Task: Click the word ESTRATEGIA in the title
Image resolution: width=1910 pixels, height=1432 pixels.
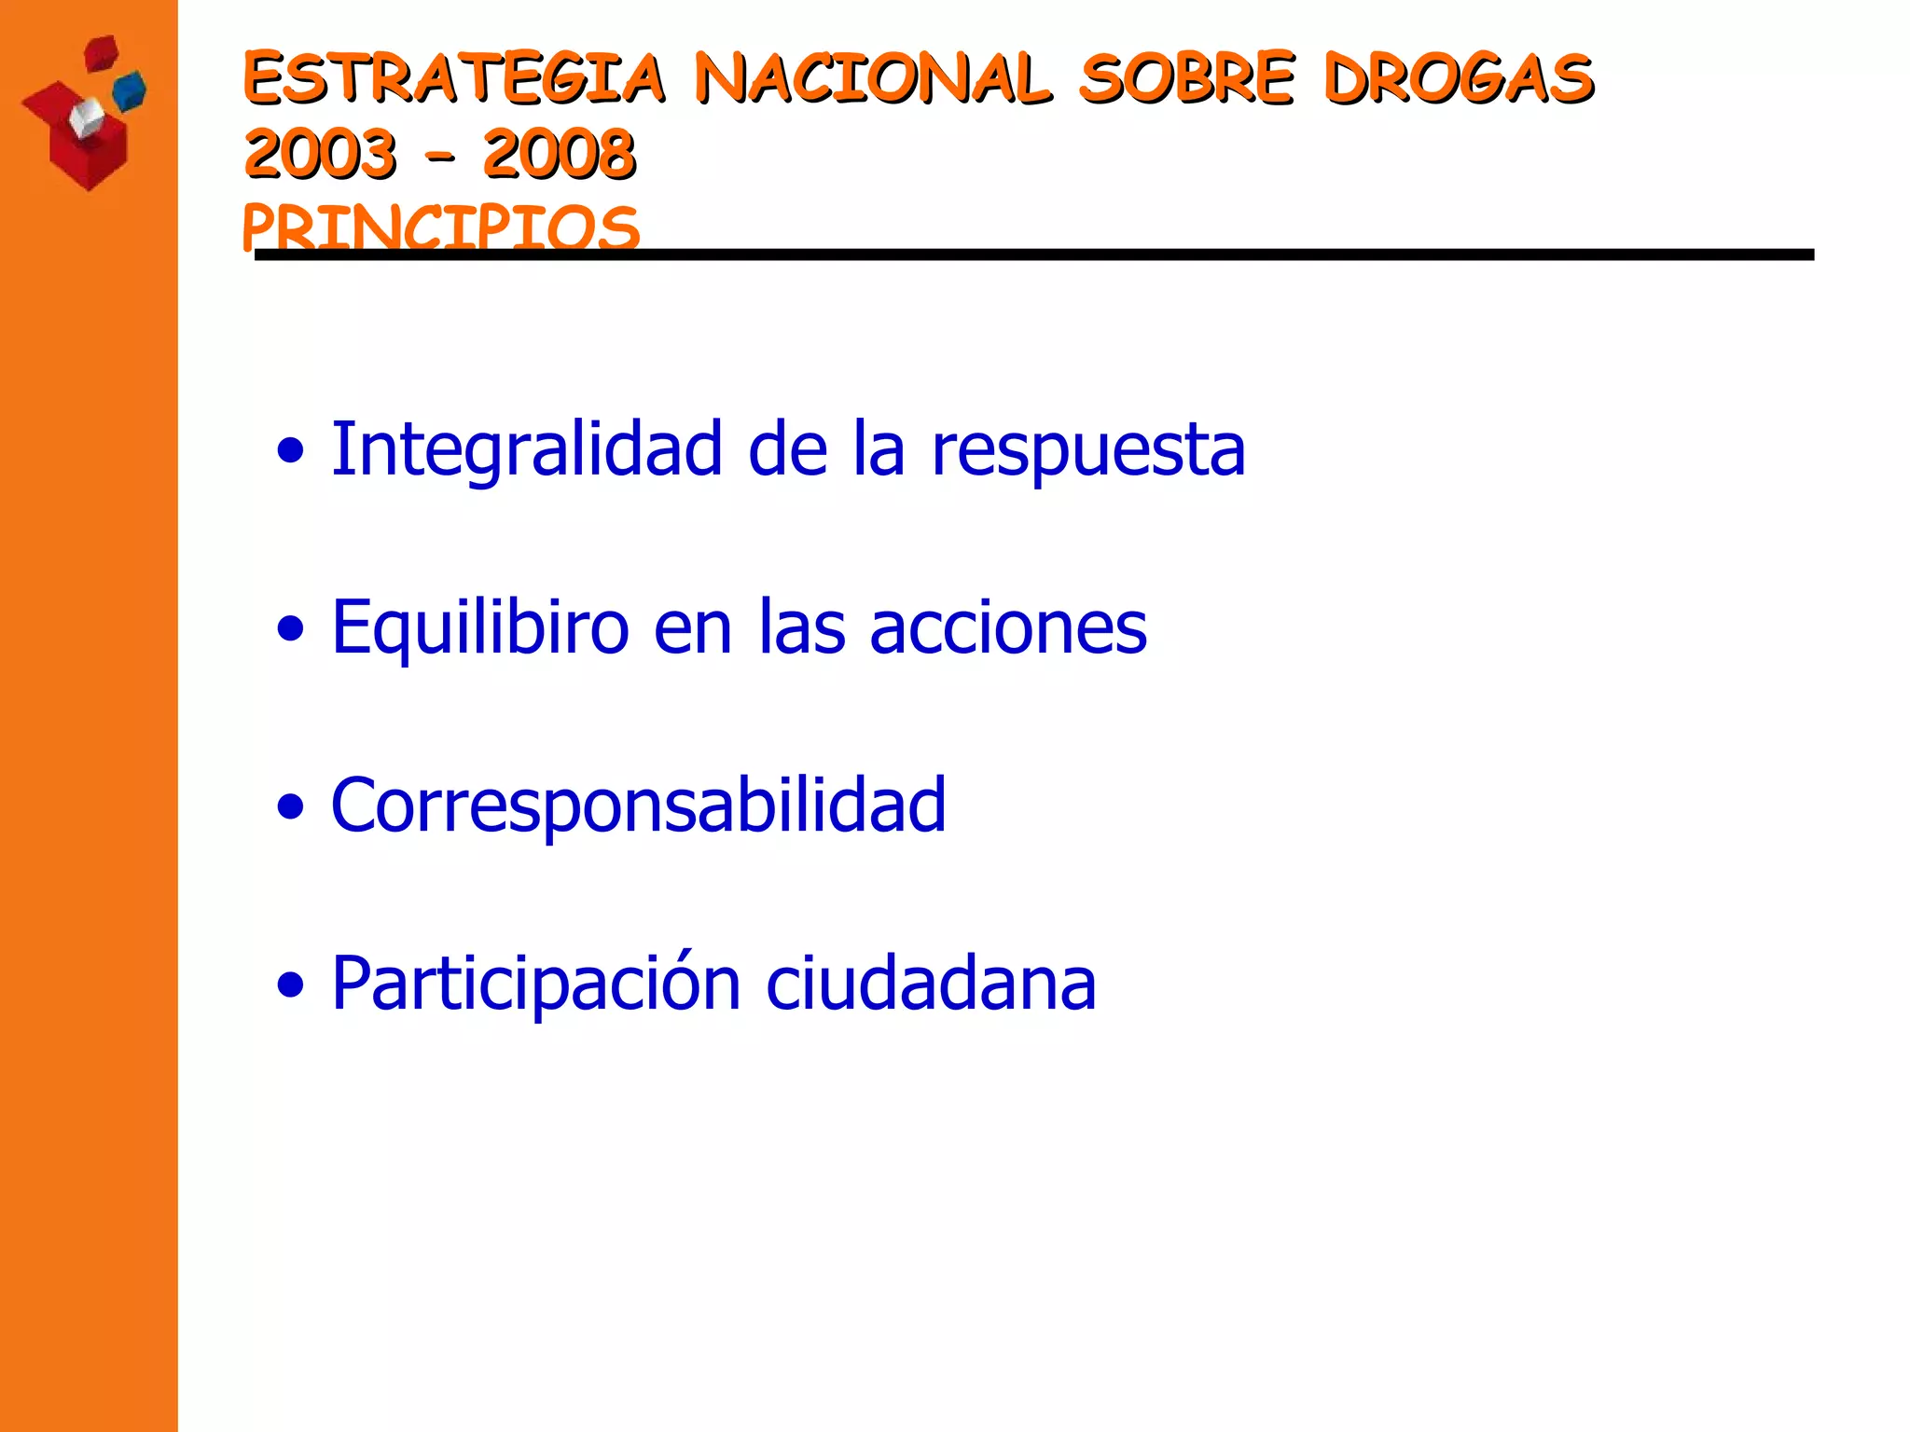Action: tap(454, 78)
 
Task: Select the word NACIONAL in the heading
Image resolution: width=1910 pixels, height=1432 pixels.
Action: tap(873, 78)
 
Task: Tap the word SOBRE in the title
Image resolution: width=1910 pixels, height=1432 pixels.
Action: tap(1187, 78)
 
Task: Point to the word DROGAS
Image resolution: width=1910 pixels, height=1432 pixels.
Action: tap(1460, 78)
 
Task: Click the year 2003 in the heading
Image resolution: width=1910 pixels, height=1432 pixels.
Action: tap(320, 154)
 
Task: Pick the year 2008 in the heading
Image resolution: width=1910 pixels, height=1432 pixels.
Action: tap(560, 154)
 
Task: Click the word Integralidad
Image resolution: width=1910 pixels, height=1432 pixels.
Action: tap(527, 449)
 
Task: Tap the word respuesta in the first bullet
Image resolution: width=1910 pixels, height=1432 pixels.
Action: tap(1088, 451)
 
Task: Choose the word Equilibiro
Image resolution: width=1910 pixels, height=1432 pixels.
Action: tap(480, 628)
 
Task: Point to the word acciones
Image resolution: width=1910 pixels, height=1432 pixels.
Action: tap(1008, 628)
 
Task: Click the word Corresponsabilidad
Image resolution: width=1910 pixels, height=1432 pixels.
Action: tap(639, 806)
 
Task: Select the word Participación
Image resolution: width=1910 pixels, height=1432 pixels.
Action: tap(536, 984)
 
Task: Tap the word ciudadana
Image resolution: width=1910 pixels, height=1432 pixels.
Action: tap(931, 984)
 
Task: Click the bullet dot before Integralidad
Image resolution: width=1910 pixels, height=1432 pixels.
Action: tap(291, 451)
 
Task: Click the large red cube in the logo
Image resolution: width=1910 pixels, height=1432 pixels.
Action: tap(89, 149)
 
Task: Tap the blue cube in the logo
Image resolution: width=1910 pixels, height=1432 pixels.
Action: tap(130, 89)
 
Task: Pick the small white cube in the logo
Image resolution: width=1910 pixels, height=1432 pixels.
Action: tap(87, 117)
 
